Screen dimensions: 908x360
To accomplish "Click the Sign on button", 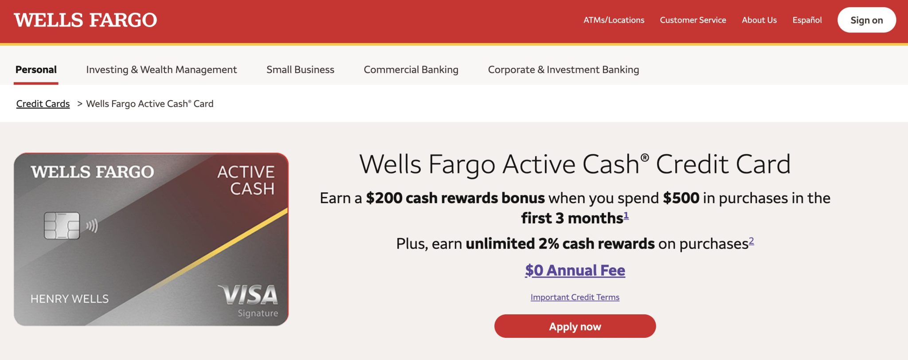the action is tap(866, 20).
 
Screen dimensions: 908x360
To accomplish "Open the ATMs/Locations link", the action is tap(614, 20).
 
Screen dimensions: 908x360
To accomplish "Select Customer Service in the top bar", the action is tap(693, 20).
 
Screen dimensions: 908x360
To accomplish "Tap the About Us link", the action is tap(759, 20).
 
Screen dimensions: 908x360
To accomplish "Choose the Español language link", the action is tap(807, 20).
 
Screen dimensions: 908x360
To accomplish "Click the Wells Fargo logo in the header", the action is tap(85, 20).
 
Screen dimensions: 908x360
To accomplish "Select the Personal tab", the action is tap(36, 70).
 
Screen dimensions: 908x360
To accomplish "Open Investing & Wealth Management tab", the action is tap(161, 70).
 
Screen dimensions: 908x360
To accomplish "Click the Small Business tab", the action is tap(300, 70).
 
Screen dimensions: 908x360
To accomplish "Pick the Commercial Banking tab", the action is tap(411, 70).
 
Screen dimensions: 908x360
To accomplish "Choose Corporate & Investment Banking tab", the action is tap(564, 70).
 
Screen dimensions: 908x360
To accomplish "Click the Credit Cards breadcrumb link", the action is tap(43, 104).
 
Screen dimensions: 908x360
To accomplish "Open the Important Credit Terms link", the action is tap(575, 297).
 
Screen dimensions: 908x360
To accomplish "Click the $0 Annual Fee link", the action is tap(575, 270).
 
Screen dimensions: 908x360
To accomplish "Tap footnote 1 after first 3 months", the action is tap(626, 215).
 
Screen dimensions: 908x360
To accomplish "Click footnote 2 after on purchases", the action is tap(751, 241).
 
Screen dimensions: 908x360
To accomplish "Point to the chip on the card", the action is tap(62, 226).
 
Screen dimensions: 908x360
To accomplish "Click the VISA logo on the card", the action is tap(248, 295).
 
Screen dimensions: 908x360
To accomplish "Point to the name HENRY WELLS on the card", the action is tap(70, 299).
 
